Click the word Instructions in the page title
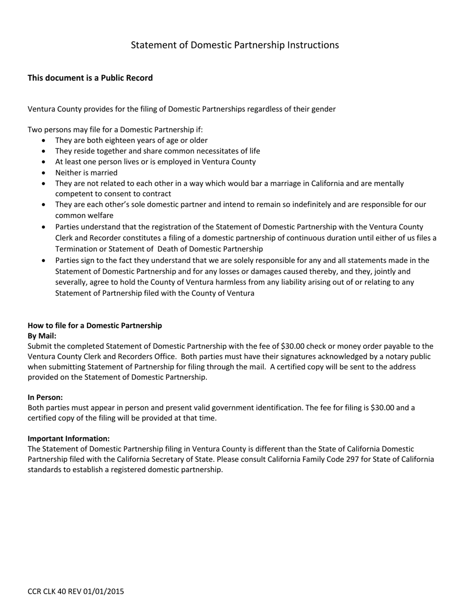pos(313,45)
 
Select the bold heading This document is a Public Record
pos(90,78)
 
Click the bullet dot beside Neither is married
pos(44,173)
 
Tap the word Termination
pos(78,249)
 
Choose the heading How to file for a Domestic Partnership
pos(94,325)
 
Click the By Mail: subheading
pos(42,336)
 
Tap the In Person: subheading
pos(45,397)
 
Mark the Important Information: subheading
pos(68,438)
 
